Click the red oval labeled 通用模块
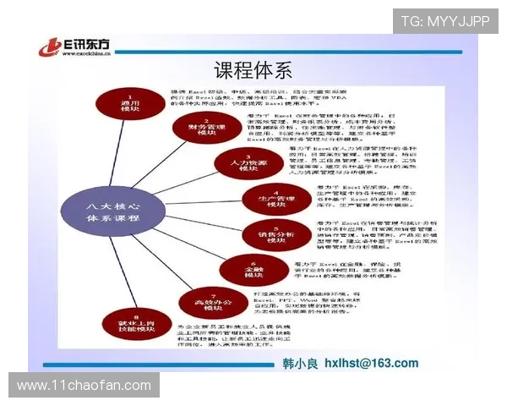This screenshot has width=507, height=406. pos(128,102)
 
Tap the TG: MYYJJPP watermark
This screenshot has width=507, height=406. pos(445,21)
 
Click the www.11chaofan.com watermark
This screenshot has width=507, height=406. pos(84,385)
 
